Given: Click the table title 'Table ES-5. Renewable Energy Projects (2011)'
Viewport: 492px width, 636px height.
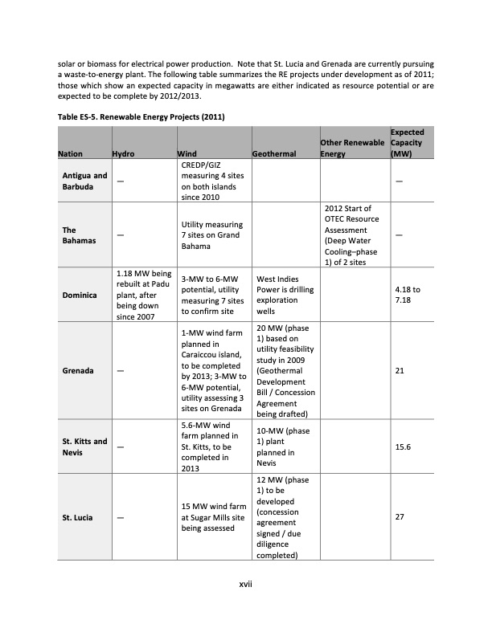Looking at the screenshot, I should [x=141, y=117].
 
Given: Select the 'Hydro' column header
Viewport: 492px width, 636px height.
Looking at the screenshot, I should [x=123, y=154].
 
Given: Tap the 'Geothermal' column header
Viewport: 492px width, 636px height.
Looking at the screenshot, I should [x=275, y=154].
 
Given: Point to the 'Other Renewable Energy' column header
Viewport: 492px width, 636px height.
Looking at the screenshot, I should [x=352, y=149].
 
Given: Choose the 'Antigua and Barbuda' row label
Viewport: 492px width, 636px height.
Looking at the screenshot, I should [x=84, y=181].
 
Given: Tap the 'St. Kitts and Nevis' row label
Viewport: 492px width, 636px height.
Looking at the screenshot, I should [x=84, y=446].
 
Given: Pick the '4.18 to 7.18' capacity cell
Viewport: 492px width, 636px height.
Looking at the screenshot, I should [x=408, y=295].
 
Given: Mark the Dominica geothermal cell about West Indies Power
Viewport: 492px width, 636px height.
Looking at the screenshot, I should [x=281, y=295].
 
